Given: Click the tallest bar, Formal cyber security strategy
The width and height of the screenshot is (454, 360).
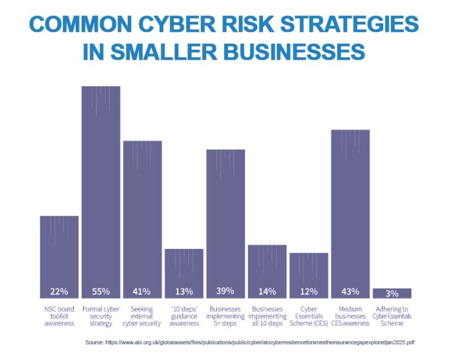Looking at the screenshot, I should (x=100, y=189).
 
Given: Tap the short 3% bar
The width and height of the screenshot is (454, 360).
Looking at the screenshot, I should (x=392, y=293).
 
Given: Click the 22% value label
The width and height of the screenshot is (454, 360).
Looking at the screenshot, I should (x=59, y=291).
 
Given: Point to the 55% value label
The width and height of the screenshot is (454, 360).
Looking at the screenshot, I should (x=100, y=291).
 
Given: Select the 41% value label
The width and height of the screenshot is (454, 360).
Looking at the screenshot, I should (x=142, y=291).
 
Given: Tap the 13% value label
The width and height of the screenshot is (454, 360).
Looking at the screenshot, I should (x=184, y=291).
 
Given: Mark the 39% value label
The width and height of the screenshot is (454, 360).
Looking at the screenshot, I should (x=225, y=291).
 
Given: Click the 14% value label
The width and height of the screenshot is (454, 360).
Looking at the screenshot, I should (x=267, y=291).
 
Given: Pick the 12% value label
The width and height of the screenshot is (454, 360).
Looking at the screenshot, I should (x=309, y=291).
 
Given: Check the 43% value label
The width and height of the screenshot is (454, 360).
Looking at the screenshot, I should (x=350, y=291).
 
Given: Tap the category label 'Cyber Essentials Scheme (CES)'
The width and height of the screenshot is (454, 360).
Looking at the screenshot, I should (x=309, y=316).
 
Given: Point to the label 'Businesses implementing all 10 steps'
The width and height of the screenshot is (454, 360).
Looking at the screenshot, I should (x=267, y=316).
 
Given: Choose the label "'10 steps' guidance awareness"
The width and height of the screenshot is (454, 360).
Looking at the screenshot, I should (x=184, y=316).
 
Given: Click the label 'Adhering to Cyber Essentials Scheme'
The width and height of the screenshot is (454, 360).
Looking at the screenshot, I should (x=392, y=316).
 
